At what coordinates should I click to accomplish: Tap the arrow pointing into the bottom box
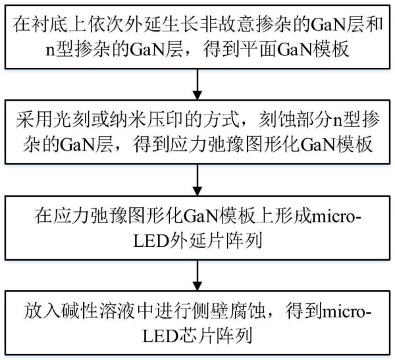[x=197, y=273]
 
